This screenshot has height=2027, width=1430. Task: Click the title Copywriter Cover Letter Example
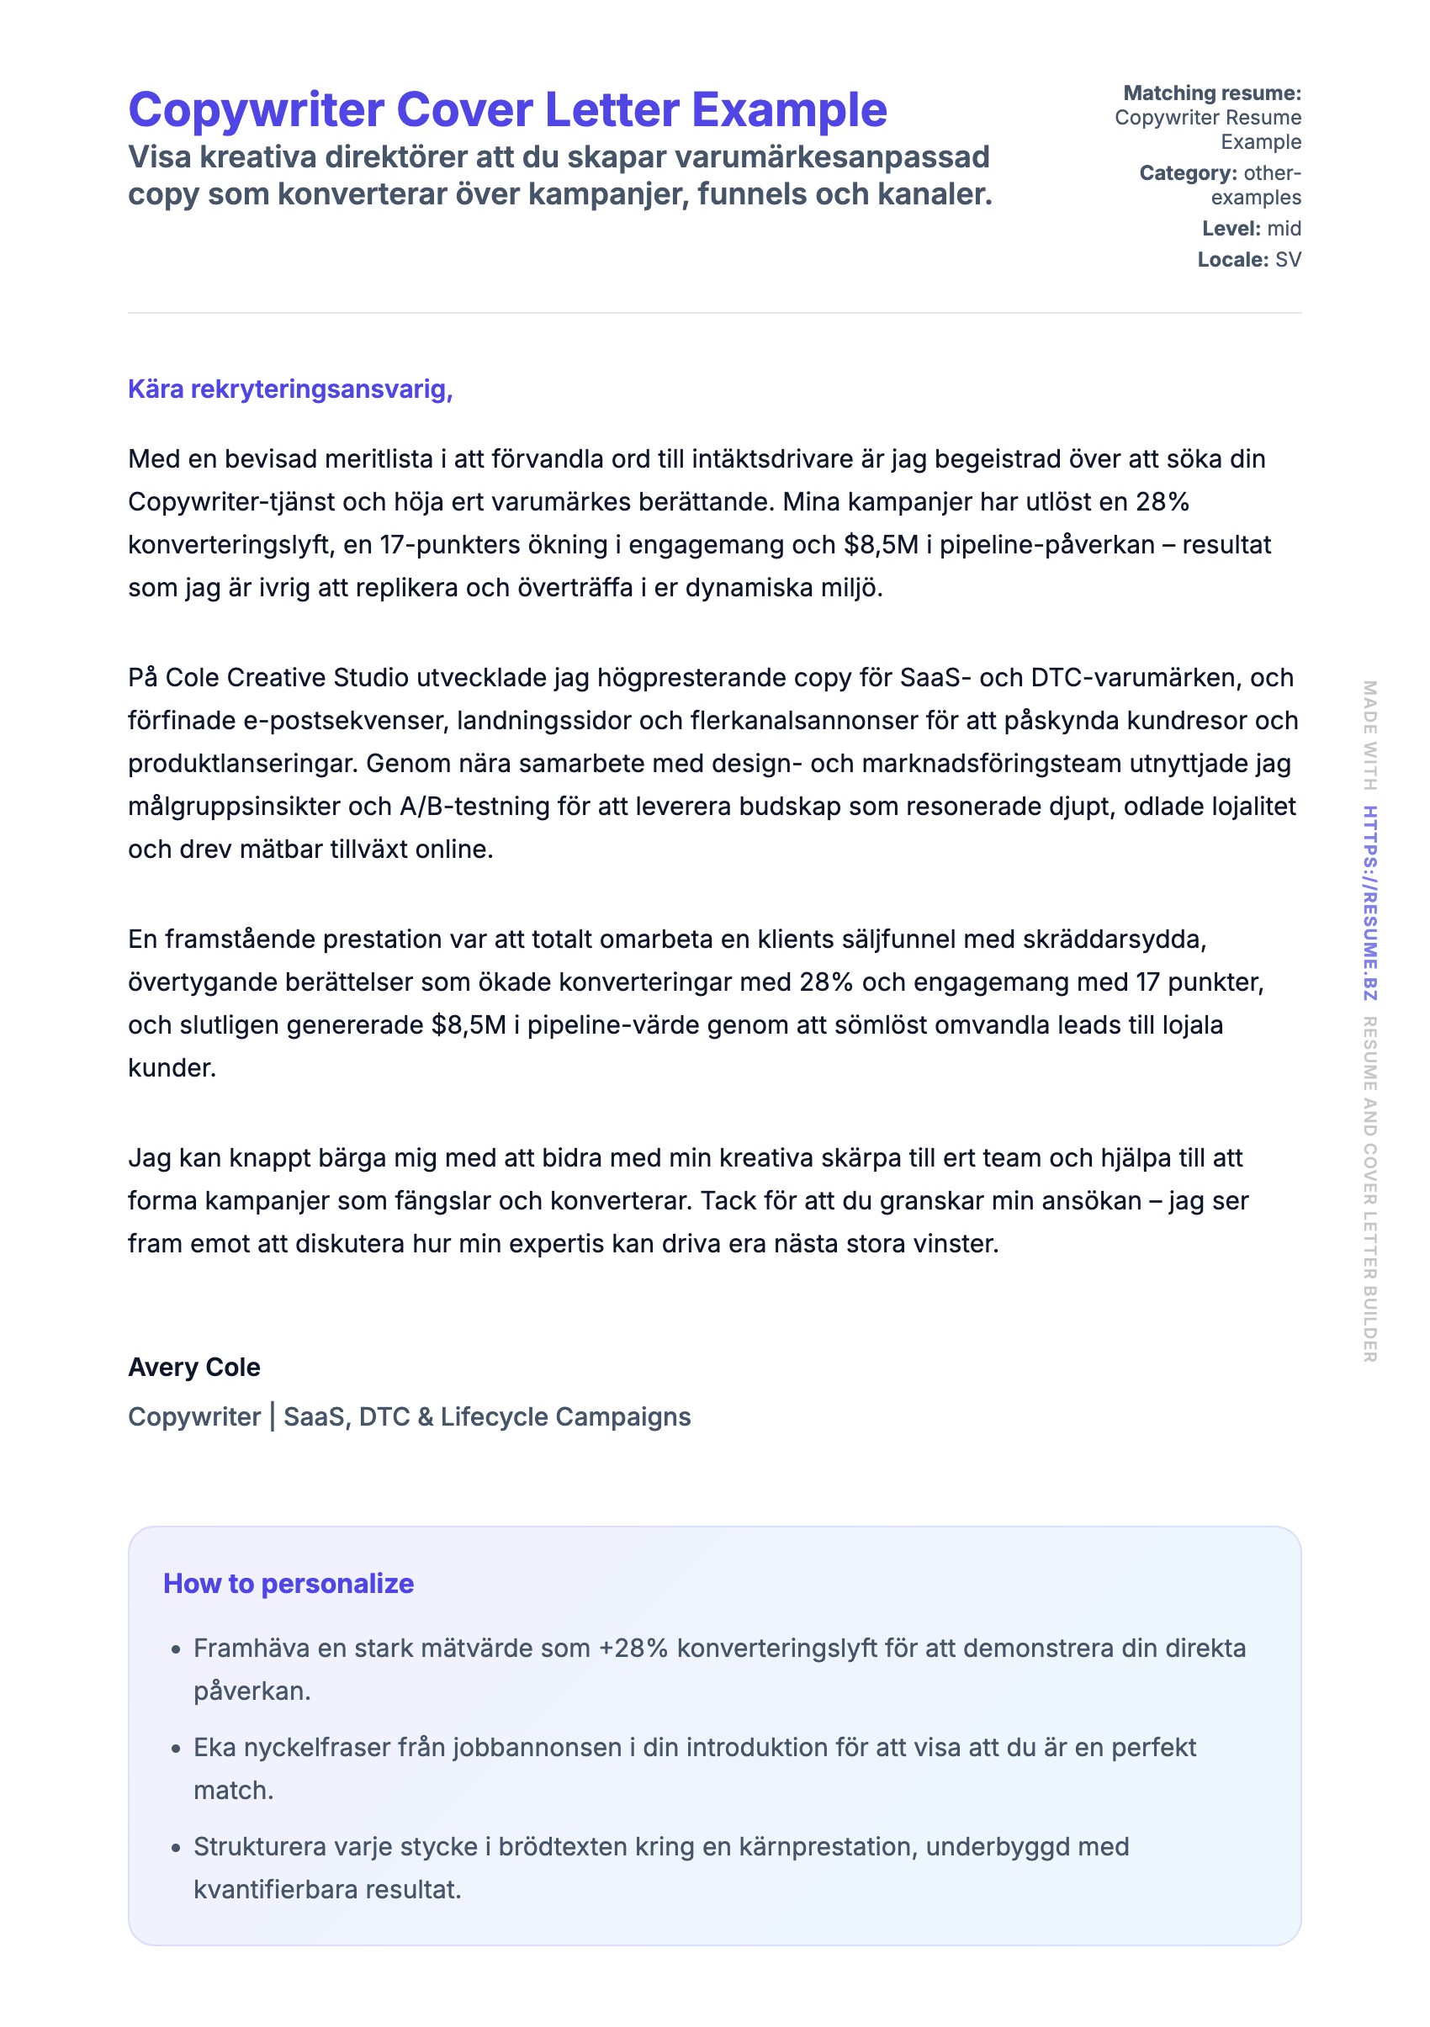tap(506, 110)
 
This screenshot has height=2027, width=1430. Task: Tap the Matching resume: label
tap(1211, 93)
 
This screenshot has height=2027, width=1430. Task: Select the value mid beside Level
tap(1284, 229)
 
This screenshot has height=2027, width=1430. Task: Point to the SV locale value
tap(1287, 260)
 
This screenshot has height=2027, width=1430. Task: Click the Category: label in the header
tap(1187, 173)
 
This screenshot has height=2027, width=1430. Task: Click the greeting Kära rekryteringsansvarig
tap(289, 389)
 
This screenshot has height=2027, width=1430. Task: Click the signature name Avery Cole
tap(194, 1367)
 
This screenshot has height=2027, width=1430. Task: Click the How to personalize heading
tap(288, 1583)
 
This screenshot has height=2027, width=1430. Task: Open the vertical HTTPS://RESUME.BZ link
tap(1369, 902)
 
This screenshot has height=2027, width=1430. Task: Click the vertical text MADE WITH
tap(1369, 734)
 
